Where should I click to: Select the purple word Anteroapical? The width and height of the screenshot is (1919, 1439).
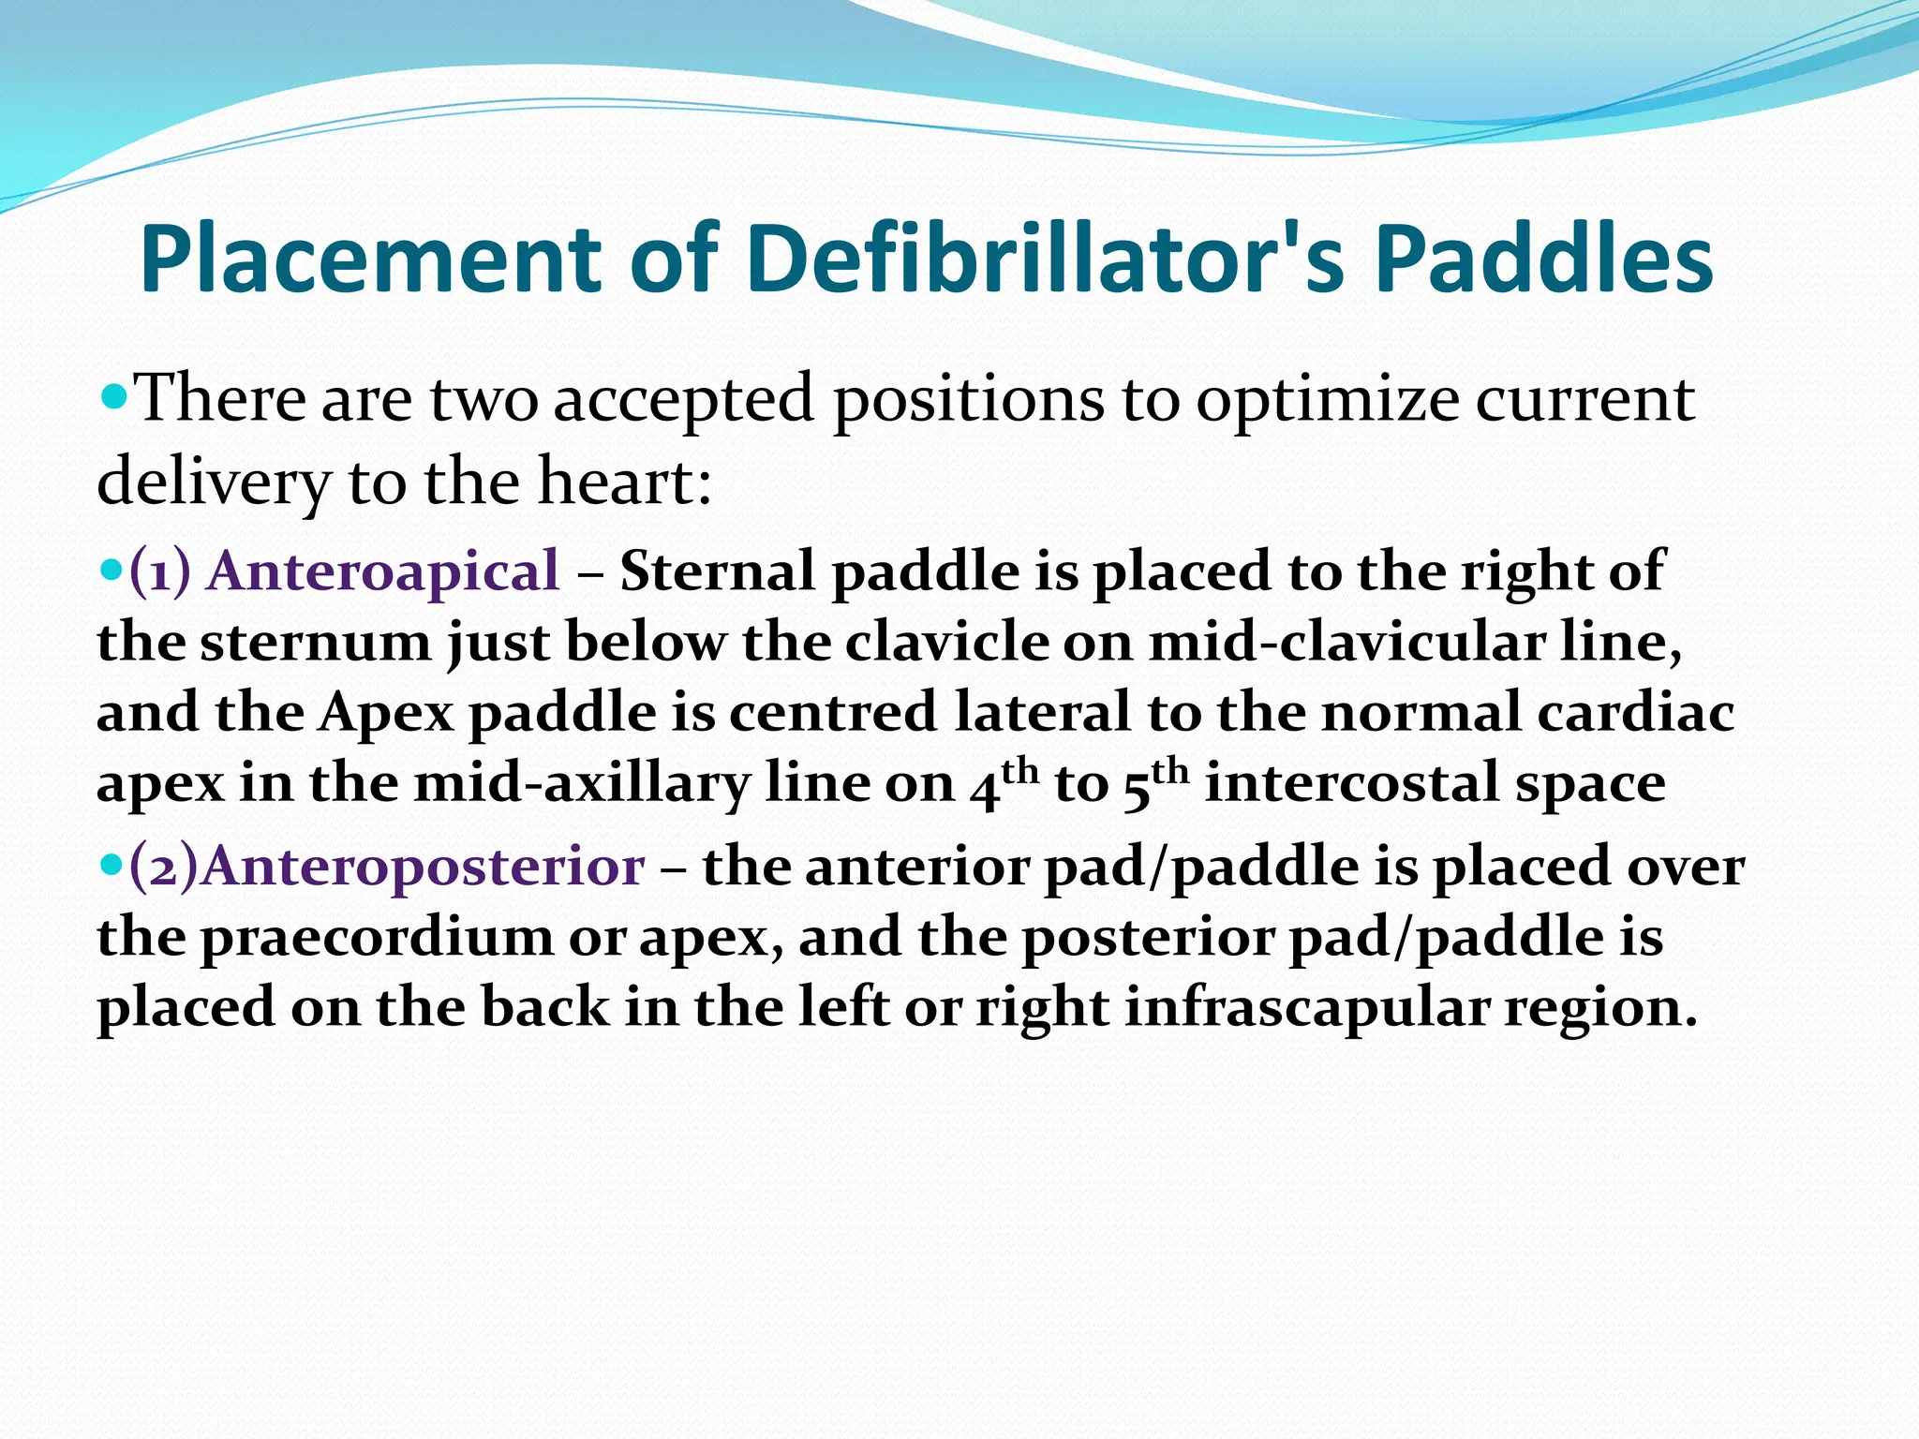pyautogui.click(x=383, y=571)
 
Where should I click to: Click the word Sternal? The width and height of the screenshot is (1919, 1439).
pyautogui.click(x=719, y=571)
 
